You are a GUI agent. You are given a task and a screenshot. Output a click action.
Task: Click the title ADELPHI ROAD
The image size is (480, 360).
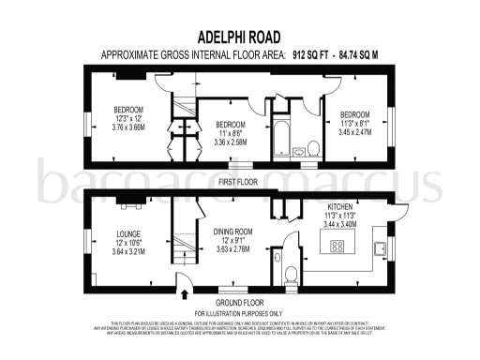(239, 38)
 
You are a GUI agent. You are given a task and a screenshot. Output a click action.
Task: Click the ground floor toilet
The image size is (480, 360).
(291, 276)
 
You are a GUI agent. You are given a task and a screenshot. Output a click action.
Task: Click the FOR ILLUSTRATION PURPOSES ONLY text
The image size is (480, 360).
(239, 312)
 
